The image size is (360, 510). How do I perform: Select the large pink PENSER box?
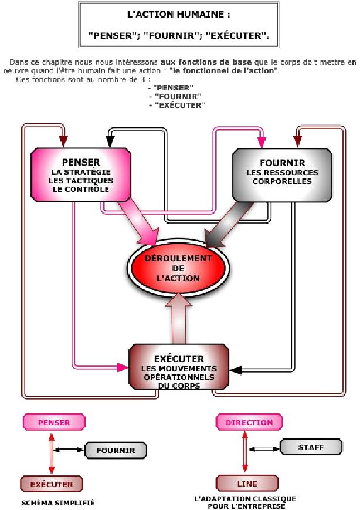[x=80, y=175]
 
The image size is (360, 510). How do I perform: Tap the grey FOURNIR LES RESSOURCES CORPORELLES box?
[x=283, y=175]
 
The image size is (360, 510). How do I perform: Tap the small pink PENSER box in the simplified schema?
[x=53, y=423]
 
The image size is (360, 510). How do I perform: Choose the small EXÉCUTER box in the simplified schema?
[x=51, y=484]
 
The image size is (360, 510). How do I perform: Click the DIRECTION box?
[x=249, y=423]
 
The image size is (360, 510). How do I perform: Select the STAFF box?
[x=311, y=447]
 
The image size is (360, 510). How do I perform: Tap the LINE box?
[x=247, y=484]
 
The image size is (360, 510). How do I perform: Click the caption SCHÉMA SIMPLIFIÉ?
[x=58, y=503]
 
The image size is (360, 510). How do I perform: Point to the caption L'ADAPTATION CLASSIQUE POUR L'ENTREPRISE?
[x=244, y=502]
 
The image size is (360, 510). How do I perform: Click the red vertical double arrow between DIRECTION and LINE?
[x=244, y=453]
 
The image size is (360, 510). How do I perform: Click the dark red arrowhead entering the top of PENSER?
[x=63, y=141]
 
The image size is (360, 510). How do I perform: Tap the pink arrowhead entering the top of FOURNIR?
[x=261, y=141]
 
